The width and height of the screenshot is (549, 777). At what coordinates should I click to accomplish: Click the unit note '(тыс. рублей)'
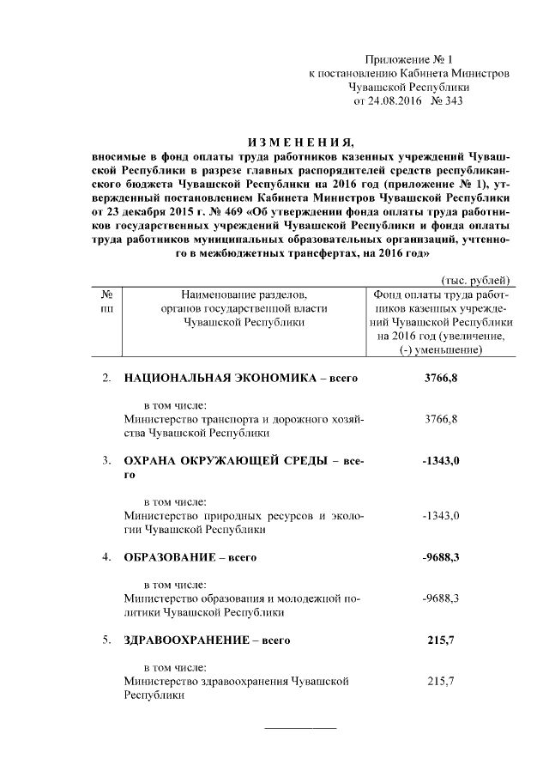pyautogui.click(x=475, y=280)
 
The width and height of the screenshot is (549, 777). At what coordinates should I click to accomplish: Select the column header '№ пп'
pyautogui.click(x=107, y=300)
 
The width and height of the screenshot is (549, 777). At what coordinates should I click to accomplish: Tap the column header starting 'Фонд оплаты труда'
pyautogui.click(x=440, y=322)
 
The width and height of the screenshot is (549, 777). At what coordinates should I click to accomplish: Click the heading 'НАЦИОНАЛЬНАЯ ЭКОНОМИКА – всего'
pyautogui.click(x=240, y=378)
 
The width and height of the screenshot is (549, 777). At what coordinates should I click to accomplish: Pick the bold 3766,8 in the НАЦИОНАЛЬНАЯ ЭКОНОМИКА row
pyautogui.click(x=441, y=378)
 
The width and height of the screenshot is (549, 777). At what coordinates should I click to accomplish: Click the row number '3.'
pyautogui.click(x=107, y=461)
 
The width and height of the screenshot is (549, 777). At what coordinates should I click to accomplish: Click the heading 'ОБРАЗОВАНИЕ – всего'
pyautogui.click(x=190, y=557)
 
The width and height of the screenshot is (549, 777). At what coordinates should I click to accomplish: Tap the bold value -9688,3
pyautogui.click(x=441, y=557)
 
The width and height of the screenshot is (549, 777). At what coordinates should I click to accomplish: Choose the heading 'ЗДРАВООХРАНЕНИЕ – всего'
pyautogui.click(x=208, y=640)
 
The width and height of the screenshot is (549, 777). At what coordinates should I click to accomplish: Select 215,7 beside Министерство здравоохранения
pyautogui.click(x=441, y=681)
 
